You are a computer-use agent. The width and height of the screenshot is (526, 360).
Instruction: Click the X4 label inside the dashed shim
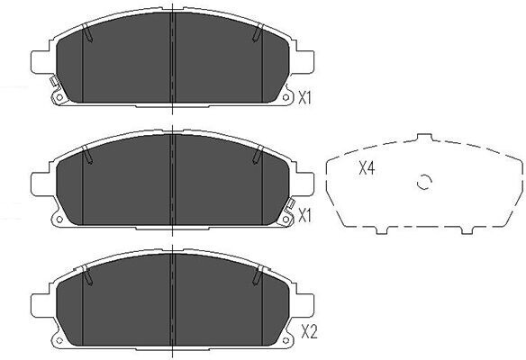click(x=367, y=168)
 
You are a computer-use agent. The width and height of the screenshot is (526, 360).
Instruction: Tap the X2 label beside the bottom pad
click(x=309, y=332)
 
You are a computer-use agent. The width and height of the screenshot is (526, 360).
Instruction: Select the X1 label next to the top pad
click(x=304, y=98)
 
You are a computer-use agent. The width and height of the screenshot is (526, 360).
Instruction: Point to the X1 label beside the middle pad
click(x=304, y=217)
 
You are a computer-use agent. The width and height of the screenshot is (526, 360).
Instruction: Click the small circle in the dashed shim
click(x=423, y=183)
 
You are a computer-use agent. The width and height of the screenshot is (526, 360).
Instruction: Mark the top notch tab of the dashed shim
click(x=424, y=138)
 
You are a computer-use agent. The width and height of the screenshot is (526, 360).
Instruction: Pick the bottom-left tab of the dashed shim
click(x=381, y=230)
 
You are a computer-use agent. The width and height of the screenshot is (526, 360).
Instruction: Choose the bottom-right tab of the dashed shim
click(x=467, y=230)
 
